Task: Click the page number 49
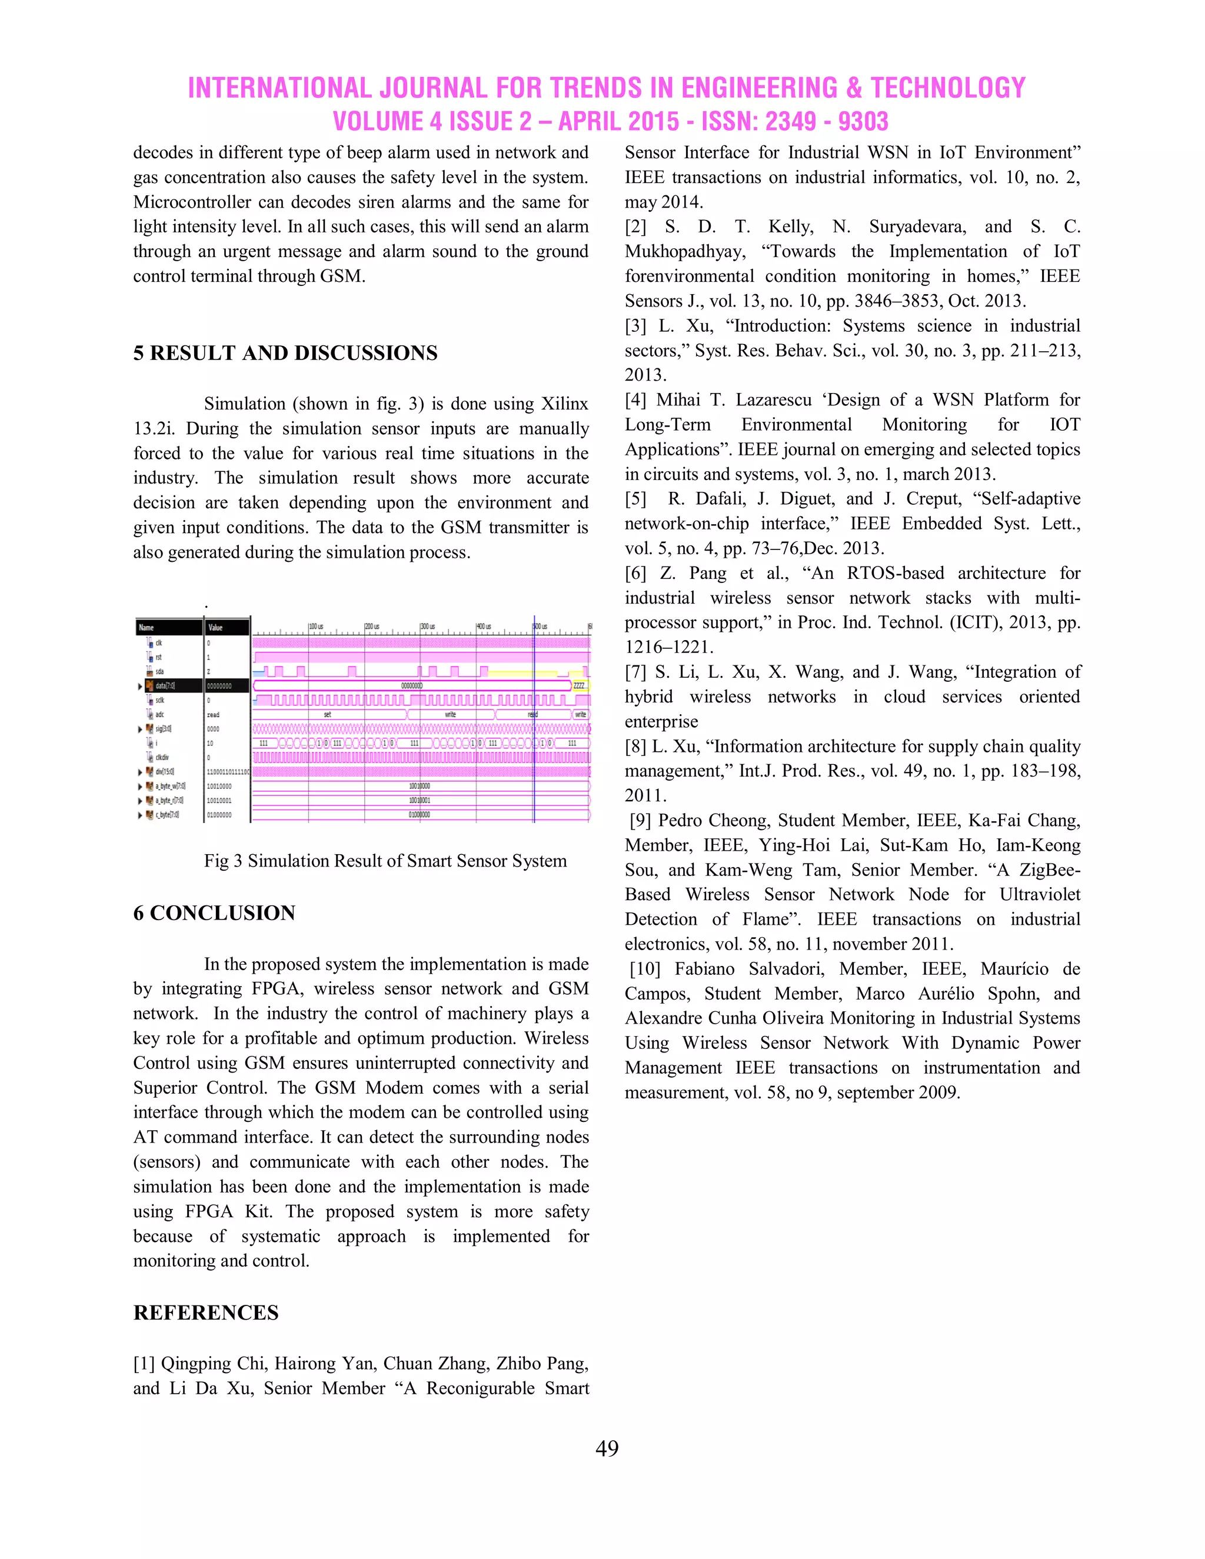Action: click(x=607, y=1448)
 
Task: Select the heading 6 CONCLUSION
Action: click(x=214, y=912)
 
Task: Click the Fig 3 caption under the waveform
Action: click(x=385, y=860)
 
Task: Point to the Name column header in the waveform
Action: click(x=147, y=628)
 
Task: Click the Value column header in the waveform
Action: click(x=215, y=628)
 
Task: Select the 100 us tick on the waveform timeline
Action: click(x=316, y=627)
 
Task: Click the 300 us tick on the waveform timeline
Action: click(x=428, y=627)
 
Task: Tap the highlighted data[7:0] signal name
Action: click(x=165, y=685)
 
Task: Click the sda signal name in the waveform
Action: click(x=159, y=671)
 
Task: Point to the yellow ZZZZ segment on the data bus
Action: click(x=579, y=685)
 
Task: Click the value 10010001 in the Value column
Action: click(x=218, y=800)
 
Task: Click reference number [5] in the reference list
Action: click(x=635, y=498)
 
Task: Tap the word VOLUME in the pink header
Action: click(x=377, y=121)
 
